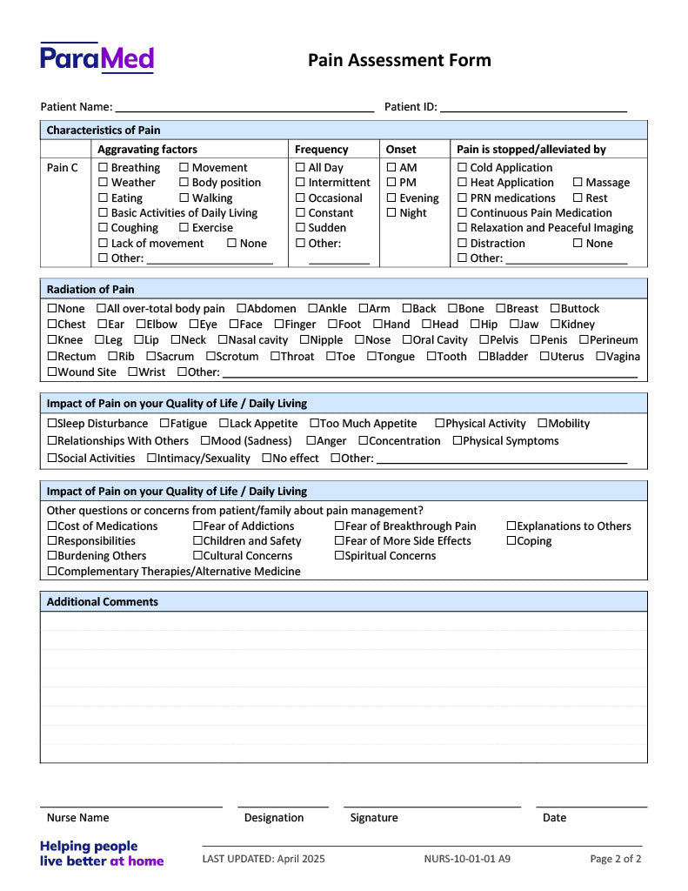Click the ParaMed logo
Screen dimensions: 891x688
pyautogui.click(x=97, y=58)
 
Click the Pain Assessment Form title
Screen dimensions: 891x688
pyautogui.click(x=399, y=60)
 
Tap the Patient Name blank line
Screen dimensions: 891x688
pyautogui.click(x=244, y=107)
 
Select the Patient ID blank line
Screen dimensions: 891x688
pyautogui.click(x=533, y=107)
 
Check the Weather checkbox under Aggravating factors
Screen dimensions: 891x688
pyautogui.click(x=104, y=183)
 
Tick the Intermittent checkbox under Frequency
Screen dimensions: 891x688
pyautogui.click(x=300, y=183)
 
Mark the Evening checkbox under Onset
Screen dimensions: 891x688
pyautogui.click(x=391, y=198)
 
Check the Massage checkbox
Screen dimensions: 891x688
pyautogui.click(x=578, y=183)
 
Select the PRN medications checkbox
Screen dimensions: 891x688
pyautogui.click(x=463, y=198)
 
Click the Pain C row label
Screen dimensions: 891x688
pyautogui.click(x=63, y=168)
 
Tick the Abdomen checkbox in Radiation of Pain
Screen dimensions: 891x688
pyautogui.click(x=242, y=309)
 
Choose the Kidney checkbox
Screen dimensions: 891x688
pyautogui.click(x=555, y=325)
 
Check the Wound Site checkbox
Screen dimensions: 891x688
pyautogui.click(x=52, y=372)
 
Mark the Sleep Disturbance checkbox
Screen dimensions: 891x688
pyautogui.click(x=52, y=424)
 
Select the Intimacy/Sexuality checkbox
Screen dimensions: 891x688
pyautogui.click(x=152, y=459)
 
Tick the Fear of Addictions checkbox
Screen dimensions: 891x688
pyautogui.click(x=197, y=526)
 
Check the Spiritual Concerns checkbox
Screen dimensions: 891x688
pyautogui.click(x=339, y=556)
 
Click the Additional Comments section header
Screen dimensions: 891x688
pyautogui.click(x=103, y=602)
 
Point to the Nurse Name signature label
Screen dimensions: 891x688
pyautogui.click(x=78, y=818)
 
